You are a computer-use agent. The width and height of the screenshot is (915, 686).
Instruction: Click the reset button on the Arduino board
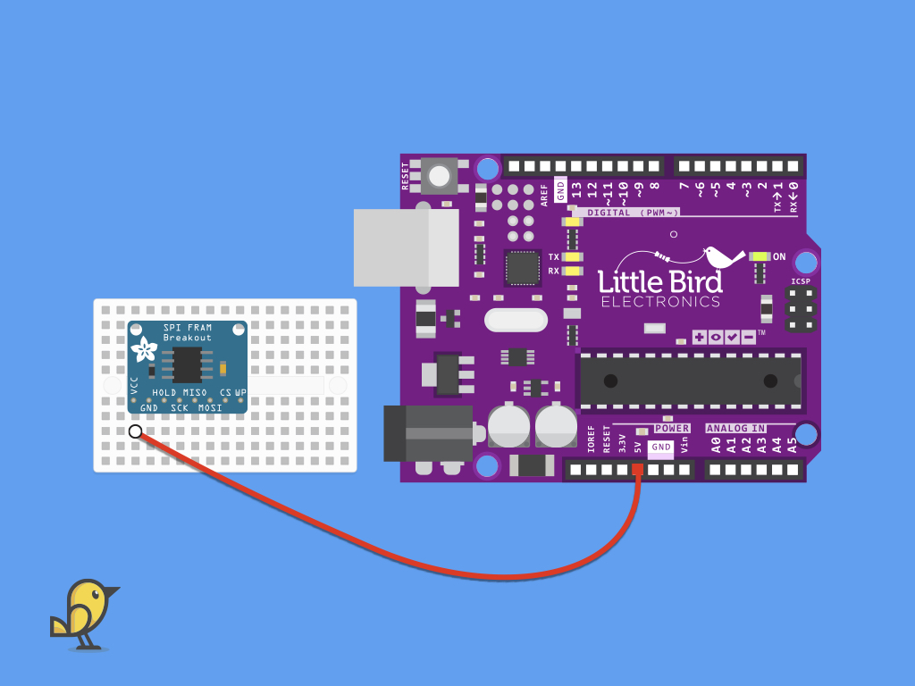tap(439, 176)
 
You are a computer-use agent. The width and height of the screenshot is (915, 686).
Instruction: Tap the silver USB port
tap(407, 248)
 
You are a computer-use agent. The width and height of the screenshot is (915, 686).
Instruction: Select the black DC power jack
tap(429, 434)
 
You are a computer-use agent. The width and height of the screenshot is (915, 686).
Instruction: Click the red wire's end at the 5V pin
tap(637, 469)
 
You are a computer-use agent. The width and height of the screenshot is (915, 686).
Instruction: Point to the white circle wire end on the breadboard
tap(136, 431)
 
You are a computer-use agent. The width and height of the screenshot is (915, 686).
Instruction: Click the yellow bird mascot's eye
tap(96, 594)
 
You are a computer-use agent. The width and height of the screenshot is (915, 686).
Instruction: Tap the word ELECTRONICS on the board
tap(660, 302)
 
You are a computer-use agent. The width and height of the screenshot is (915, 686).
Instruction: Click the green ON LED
tap(760, 256)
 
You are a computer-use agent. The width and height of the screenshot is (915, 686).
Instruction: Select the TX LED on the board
tap(573, 256)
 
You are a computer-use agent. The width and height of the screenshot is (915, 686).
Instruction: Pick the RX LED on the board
tap(573, 271)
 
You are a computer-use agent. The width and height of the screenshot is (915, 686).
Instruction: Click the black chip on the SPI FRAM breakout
tap(187, 365)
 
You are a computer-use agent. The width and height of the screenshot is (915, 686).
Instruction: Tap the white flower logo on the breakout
tap(144, 349)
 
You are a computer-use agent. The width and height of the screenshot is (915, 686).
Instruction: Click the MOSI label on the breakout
tap(210, 407)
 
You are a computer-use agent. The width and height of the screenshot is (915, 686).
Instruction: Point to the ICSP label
tap(801, 281)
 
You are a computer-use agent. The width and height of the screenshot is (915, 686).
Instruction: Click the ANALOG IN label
tap(736, 428)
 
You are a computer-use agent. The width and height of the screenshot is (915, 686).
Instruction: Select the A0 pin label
tap(716, 446)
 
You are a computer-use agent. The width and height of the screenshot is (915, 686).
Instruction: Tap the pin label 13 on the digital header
tap(576, 190)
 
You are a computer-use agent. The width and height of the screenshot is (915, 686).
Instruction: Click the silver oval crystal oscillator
tap(516, 321)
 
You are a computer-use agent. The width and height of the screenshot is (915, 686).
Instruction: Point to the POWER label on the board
tap(672, 428)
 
